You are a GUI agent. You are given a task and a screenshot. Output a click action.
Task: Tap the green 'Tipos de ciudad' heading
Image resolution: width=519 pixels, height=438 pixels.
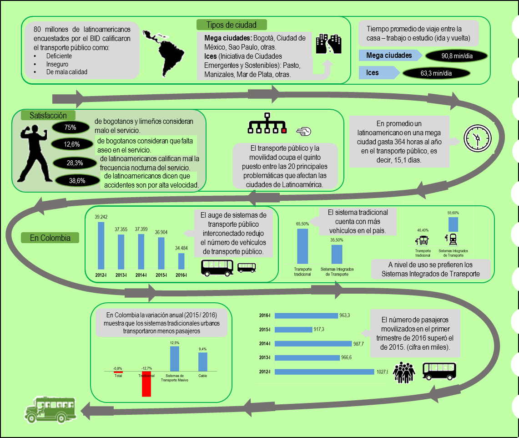point(232,25)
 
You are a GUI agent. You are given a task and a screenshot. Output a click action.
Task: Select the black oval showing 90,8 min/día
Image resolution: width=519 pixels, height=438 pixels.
point(456,56)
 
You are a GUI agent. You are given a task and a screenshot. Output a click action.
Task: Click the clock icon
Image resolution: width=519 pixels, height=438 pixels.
point(477,137)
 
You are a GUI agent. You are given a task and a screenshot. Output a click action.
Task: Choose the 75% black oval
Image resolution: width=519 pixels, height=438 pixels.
point(71,127)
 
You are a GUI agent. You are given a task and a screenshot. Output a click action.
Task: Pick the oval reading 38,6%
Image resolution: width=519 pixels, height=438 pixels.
point(77,180)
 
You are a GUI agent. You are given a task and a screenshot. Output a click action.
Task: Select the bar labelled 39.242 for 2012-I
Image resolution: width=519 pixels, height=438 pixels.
point(101,245)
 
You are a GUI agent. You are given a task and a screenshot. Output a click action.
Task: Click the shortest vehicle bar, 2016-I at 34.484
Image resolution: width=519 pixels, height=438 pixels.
point(181,261)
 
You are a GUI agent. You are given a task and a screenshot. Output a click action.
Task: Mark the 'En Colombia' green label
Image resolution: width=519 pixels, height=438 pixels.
point(50,238)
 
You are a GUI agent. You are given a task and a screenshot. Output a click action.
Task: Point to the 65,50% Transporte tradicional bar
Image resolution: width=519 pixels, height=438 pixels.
point(302,246)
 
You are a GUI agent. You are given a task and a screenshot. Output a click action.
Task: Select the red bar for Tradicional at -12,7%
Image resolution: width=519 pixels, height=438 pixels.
point(146,384)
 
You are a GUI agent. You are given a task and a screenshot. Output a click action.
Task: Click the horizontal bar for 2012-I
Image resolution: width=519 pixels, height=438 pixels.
point(324,372)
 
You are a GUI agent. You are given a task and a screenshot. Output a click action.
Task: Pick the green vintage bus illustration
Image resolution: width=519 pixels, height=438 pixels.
point(50,408)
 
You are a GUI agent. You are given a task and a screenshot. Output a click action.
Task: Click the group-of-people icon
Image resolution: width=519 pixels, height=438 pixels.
point(404,372)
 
